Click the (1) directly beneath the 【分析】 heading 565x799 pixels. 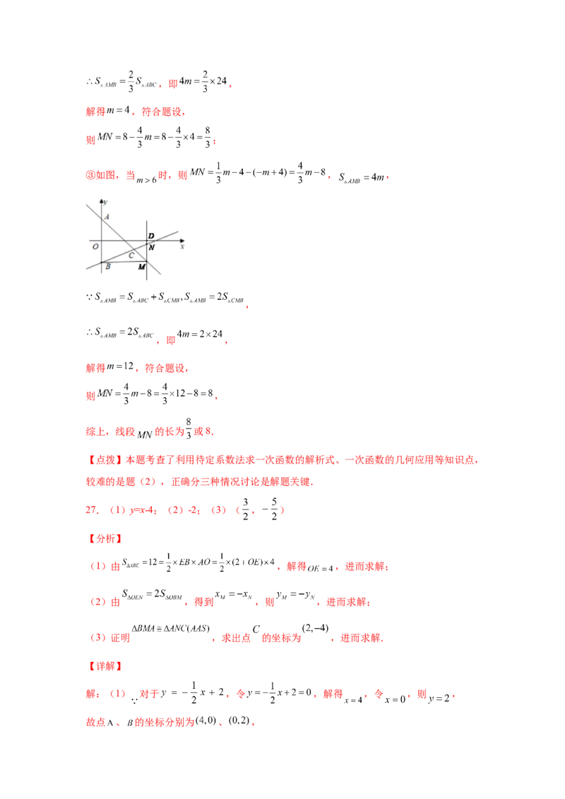(97, 567)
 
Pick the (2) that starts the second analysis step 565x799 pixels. (97, 602)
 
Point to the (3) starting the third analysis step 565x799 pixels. (97, 637)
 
